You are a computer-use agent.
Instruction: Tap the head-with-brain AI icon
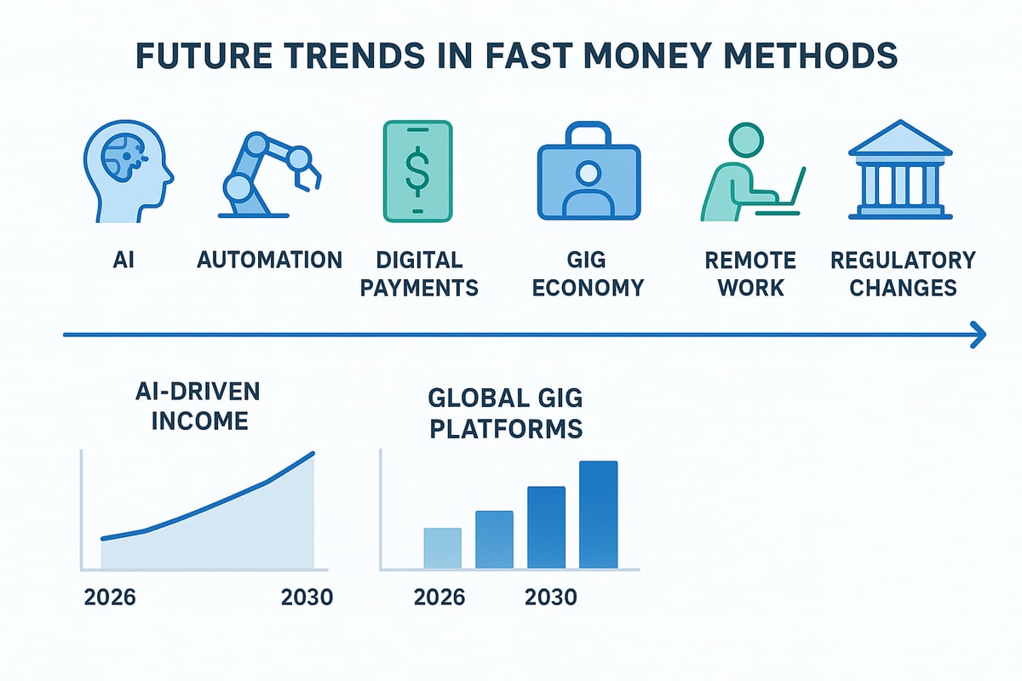click(128, 171)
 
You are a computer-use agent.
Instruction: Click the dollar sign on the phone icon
click(417, 170)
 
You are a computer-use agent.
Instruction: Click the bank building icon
click(899, 170)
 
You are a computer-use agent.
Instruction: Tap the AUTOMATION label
click(270, 260)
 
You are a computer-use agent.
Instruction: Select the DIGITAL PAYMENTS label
click(418, 273)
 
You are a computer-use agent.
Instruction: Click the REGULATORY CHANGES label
click(903, 273)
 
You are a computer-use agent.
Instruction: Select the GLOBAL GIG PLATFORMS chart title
click(506, 413)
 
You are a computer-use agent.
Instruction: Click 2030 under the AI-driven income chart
click(307, 598)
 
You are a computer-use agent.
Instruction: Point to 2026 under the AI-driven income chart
click(110, 598)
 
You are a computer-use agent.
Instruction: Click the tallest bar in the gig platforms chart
click(598, 515)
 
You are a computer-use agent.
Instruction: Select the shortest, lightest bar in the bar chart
click(442, 548)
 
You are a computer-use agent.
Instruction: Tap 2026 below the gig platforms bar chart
click(439, 598)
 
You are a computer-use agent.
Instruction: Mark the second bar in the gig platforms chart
click(494, 540)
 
